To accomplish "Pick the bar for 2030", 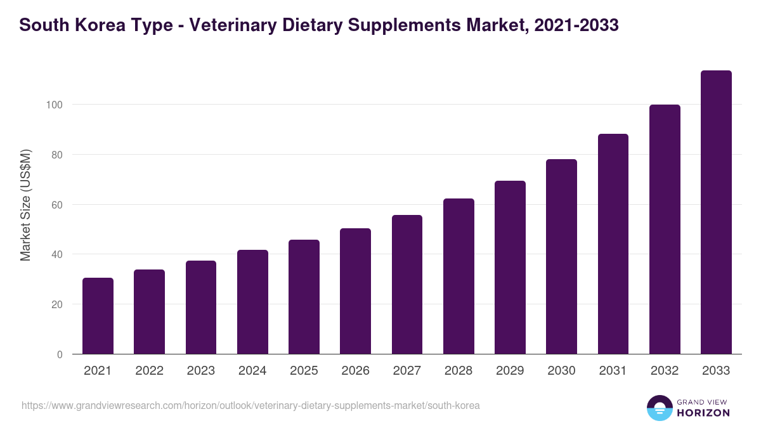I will click(x=561, y=256).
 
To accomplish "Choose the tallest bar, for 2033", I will click(x=716, y=212).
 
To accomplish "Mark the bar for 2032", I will click(x=665, y=229).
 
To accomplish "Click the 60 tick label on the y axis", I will click(x=57, y=205).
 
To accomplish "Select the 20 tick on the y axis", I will click(x=57, y=304).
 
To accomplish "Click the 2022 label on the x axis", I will click(x=149, y=371).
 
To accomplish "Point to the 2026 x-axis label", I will click(x=355, y=371).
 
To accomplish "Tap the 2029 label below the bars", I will click(x=510, y=371).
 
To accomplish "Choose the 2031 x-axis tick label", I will click(x=613, y=371).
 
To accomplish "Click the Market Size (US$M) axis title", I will click(x=25, y=205).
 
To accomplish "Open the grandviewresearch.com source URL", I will click(x=250, y=405).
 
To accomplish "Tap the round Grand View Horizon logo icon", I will click(x=659, y=408).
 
